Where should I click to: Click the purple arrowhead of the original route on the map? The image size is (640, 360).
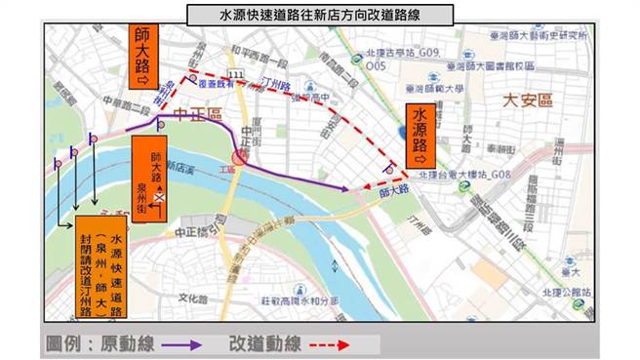click(344, 188)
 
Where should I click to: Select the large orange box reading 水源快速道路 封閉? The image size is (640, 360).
click(106, 263)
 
